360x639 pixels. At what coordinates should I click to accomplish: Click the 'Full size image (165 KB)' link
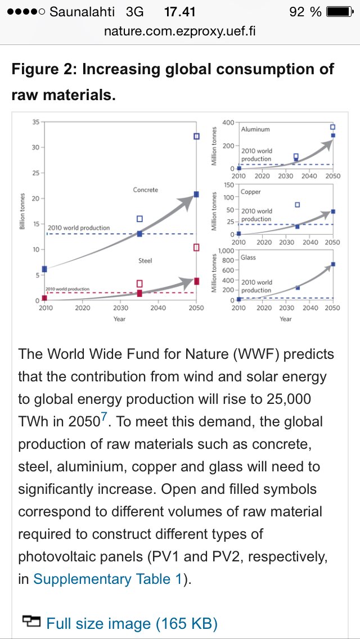click(x=132, y=623)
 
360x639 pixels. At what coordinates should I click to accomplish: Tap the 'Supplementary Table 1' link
click(x=107, y=579)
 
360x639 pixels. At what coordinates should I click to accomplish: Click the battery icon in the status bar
click(x=338, y=12)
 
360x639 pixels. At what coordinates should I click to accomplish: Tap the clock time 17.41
click(x=179, y=12)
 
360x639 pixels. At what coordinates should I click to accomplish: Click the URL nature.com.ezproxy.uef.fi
click(x=180, y=31)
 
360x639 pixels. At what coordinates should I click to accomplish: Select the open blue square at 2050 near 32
click(x=196, y=136)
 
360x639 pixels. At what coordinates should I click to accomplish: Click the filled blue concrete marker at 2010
click(x=44, y=269)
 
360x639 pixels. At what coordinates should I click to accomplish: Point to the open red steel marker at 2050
click(x=196, y=247)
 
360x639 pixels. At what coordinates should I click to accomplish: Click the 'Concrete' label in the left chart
click(x=146, y=190)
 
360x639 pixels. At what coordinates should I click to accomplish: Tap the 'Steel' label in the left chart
click(x=145, y=261)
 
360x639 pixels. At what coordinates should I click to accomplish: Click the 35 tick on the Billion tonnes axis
click(x=35, y=122)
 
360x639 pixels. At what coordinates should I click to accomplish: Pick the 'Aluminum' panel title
click(x=255, y=129)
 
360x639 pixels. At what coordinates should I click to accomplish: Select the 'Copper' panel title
click(x=251, y=192)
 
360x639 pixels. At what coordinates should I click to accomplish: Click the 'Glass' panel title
click(x=248, y=257)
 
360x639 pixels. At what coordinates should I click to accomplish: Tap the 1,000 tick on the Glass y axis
click(x=226, y=251)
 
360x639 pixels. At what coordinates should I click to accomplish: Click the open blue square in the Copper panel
click(x=297, y=205)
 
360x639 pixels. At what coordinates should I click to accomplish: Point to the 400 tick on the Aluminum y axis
click(x=228, y=123)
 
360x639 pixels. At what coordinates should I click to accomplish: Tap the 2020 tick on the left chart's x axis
click(x=82, y=308)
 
